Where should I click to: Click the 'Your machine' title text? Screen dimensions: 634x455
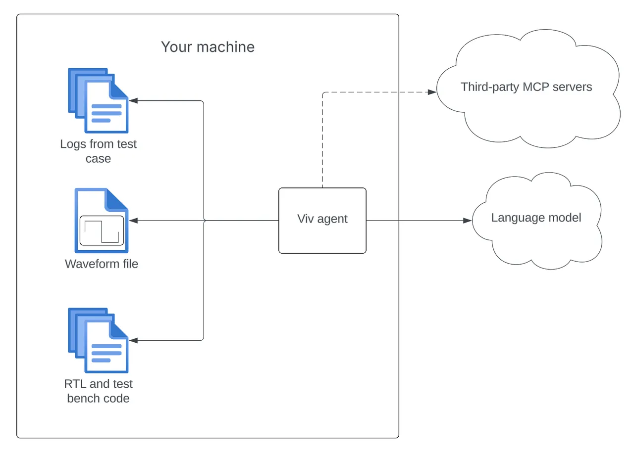click(x=208, y=47)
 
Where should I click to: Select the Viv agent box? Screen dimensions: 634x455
click(x=322, y=221)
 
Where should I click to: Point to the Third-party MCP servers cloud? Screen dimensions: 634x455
click(x=528, y=89)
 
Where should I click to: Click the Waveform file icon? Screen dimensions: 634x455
click(x=102, y=221)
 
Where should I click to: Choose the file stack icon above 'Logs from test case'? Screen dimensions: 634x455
click(x=98, y=100)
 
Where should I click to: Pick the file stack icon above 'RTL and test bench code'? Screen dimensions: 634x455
click(x=98, y=340)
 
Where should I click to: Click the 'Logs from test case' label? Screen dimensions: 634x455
click(x=98, y=151)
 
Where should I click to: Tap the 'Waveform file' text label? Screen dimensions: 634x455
click(x=102, y=264)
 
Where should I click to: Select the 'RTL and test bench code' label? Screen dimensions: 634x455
click(x=98, y=391)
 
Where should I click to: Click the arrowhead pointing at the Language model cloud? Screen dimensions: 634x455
click(x=467, y=221)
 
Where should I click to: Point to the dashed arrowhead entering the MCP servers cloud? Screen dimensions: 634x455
click(x=432, y=92)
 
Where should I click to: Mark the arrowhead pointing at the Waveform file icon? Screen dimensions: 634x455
click(x=134, y=221)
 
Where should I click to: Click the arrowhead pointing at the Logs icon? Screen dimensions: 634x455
click(x=134, y=100)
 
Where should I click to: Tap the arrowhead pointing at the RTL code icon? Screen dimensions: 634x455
click(x=134, y=341)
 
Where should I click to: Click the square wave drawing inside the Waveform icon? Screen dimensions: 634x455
click(x=102, y=231)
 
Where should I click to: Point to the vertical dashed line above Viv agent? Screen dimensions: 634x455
click(x=322, y=140)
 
